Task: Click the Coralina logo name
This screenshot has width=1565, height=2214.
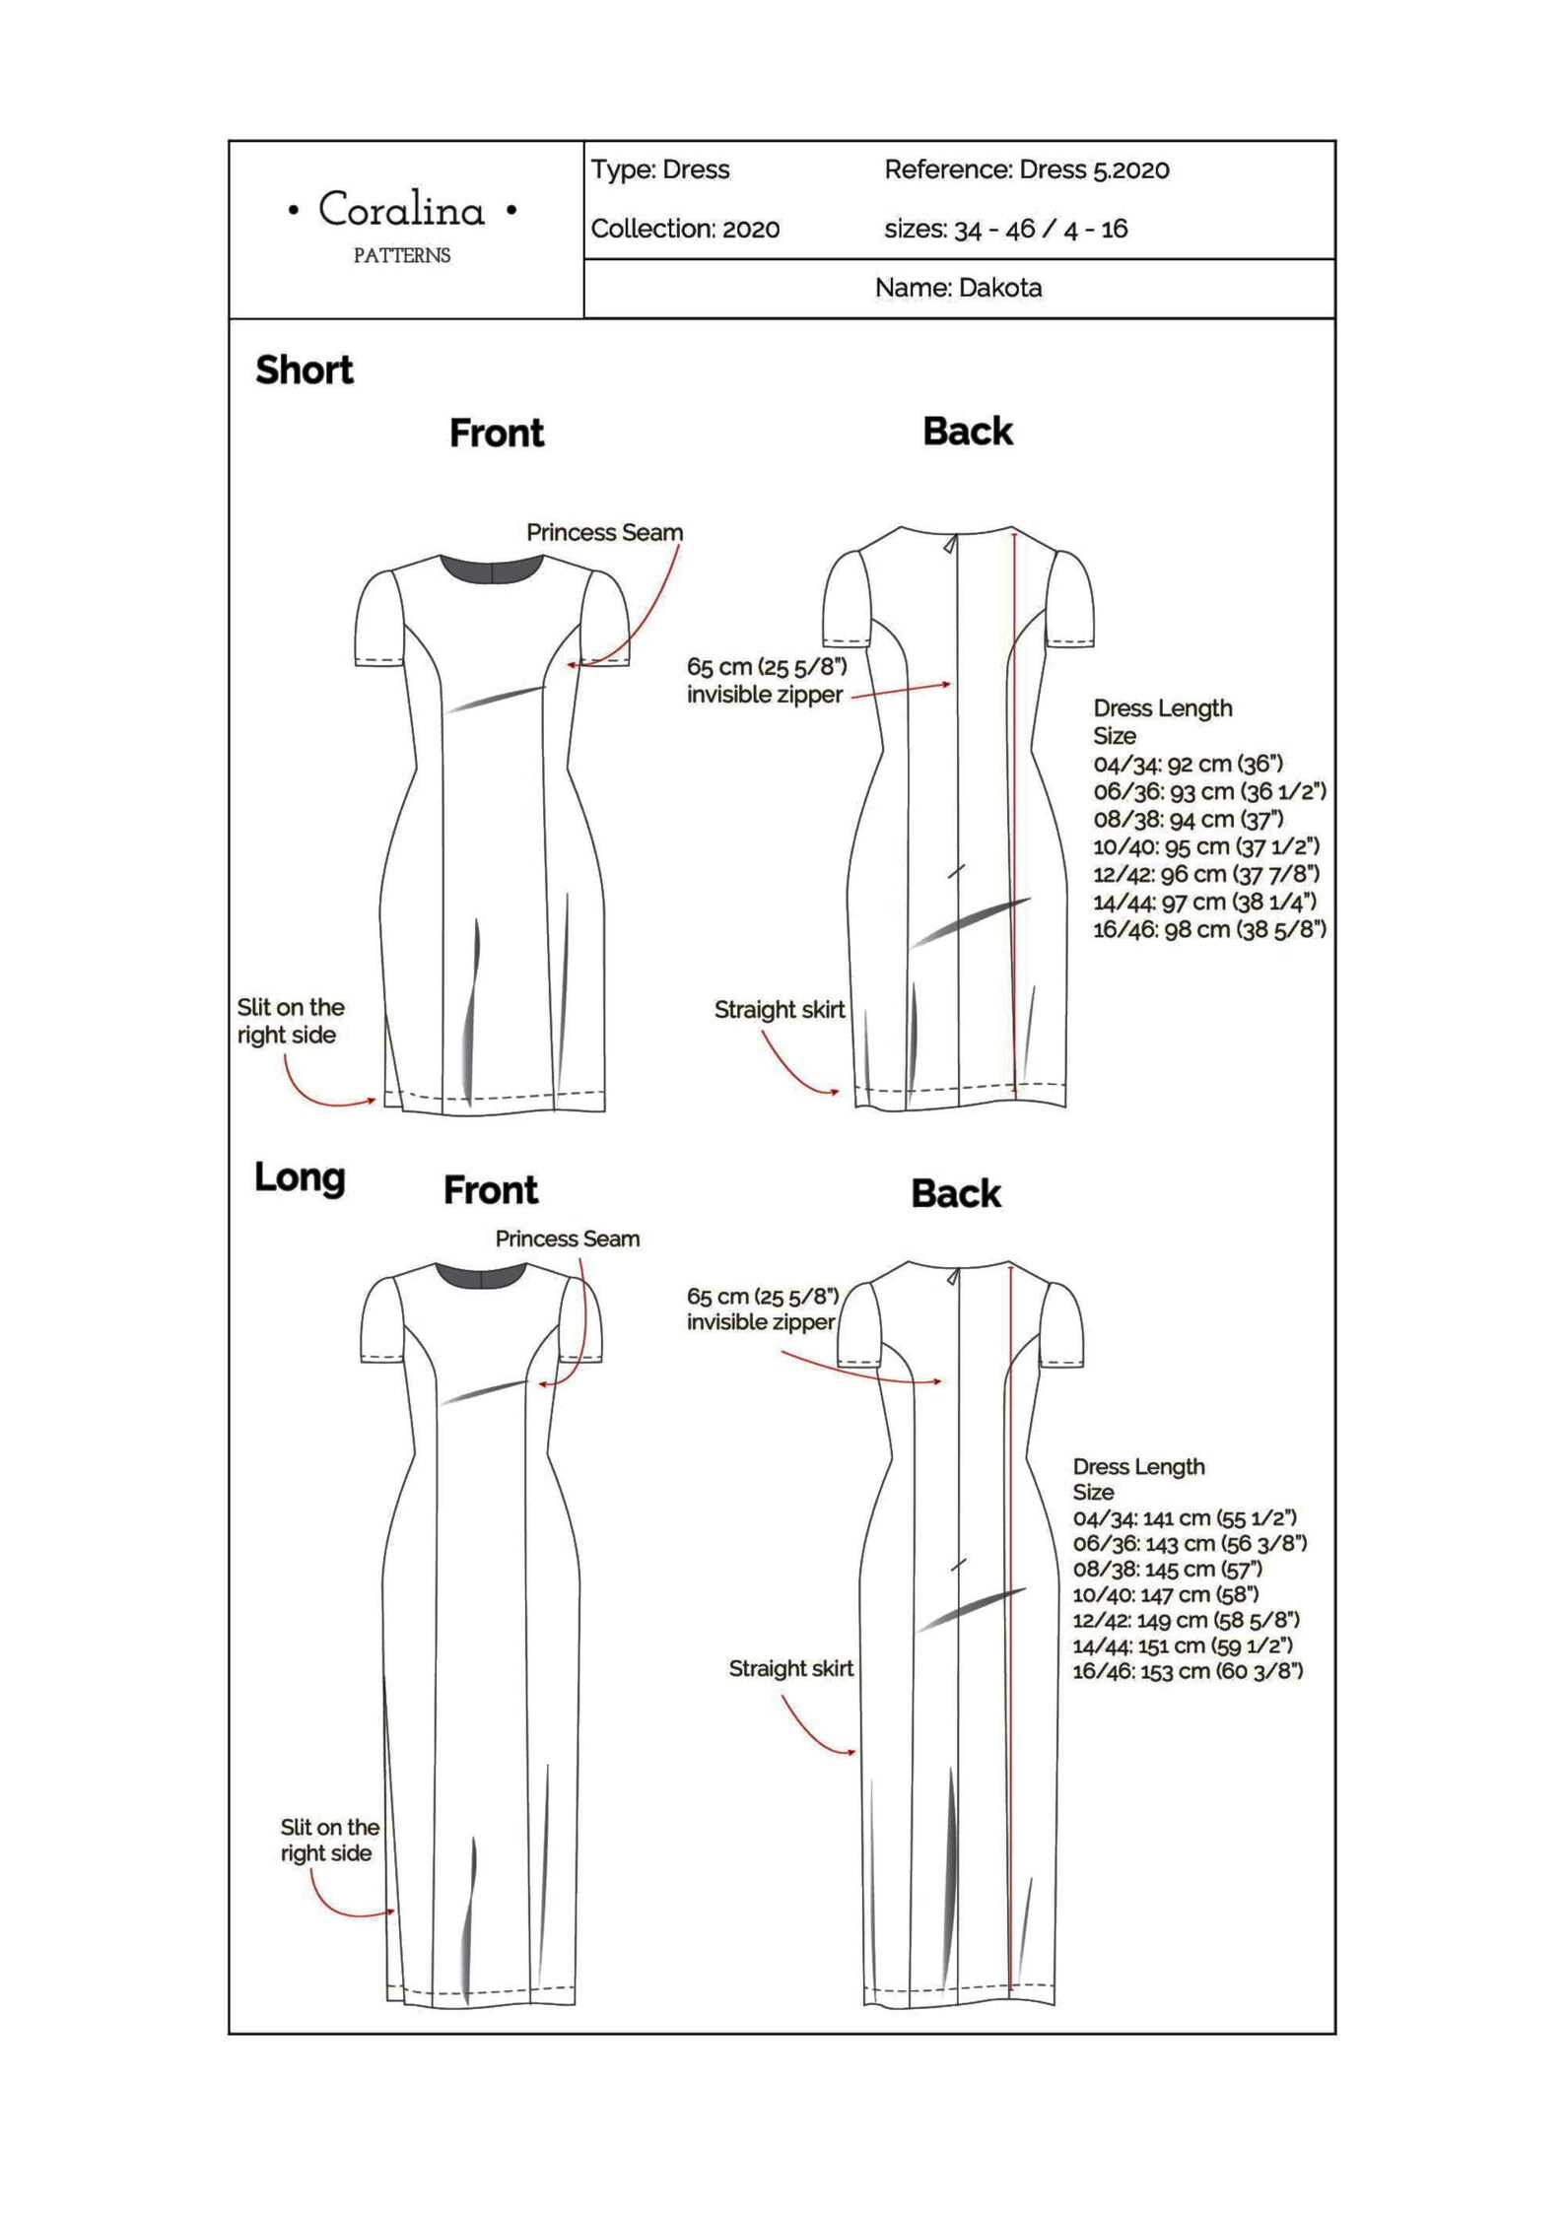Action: coord(401,210)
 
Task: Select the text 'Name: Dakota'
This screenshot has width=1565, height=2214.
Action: coord(958,288)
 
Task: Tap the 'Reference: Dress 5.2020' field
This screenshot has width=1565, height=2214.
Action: coord(1026,169)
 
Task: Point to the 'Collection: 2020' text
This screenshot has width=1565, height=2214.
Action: coord(685,229)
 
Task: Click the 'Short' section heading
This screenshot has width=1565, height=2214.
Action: coord(304,370)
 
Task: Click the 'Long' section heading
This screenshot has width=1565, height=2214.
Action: coord(300,1177)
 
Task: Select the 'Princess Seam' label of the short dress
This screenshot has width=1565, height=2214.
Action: coord(604,533)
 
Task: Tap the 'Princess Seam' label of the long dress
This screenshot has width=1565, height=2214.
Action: coord(567,1239)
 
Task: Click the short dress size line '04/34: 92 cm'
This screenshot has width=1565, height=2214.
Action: coord(1188,764)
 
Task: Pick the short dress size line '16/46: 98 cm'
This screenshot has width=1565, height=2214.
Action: coord(1209,929)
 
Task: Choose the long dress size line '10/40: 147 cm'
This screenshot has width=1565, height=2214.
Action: coord(1166,1594)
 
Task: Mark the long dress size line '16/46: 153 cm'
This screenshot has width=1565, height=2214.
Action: coord(1188,1671)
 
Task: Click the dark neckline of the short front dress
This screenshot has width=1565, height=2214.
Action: coord(491,570)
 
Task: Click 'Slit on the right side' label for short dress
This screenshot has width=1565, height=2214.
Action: coord(290,1021)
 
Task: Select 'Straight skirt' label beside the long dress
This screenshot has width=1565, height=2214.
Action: coord(790,1668)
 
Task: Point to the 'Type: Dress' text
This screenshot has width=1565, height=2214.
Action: coord(660,169)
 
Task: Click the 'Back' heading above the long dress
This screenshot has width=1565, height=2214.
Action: coord(955,1194)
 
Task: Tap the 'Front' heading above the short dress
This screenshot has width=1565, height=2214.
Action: coord(496,434)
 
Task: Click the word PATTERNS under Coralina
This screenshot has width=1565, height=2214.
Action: coord(401,256)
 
